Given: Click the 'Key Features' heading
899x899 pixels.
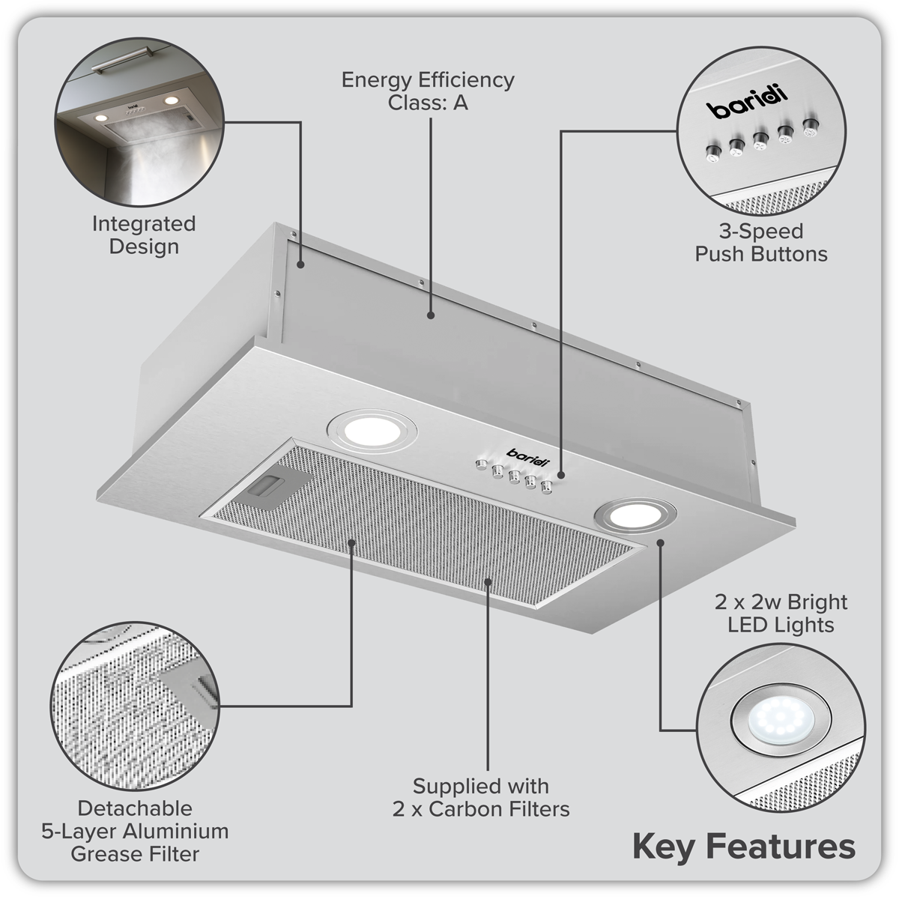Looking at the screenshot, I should point(743,847).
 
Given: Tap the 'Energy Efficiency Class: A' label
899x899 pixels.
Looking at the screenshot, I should point(428,91).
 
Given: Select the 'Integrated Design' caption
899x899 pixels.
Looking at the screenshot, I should point(144,234).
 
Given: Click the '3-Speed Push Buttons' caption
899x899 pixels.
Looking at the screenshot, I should point(760,242).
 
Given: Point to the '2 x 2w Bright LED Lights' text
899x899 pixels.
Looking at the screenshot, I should point(781,613).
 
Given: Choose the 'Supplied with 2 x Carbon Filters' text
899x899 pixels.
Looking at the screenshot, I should point(480,797).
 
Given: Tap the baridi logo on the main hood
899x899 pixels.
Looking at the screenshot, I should point(527,454).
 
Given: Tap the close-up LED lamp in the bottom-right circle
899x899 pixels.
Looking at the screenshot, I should point(772,723).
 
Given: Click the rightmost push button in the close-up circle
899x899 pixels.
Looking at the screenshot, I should point(809,126).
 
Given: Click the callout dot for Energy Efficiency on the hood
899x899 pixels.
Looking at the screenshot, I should point(432,315).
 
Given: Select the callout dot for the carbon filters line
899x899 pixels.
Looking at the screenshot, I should point(488,581).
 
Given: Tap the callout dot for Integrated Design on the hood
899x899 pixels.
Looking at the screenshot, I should point(300,264).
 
